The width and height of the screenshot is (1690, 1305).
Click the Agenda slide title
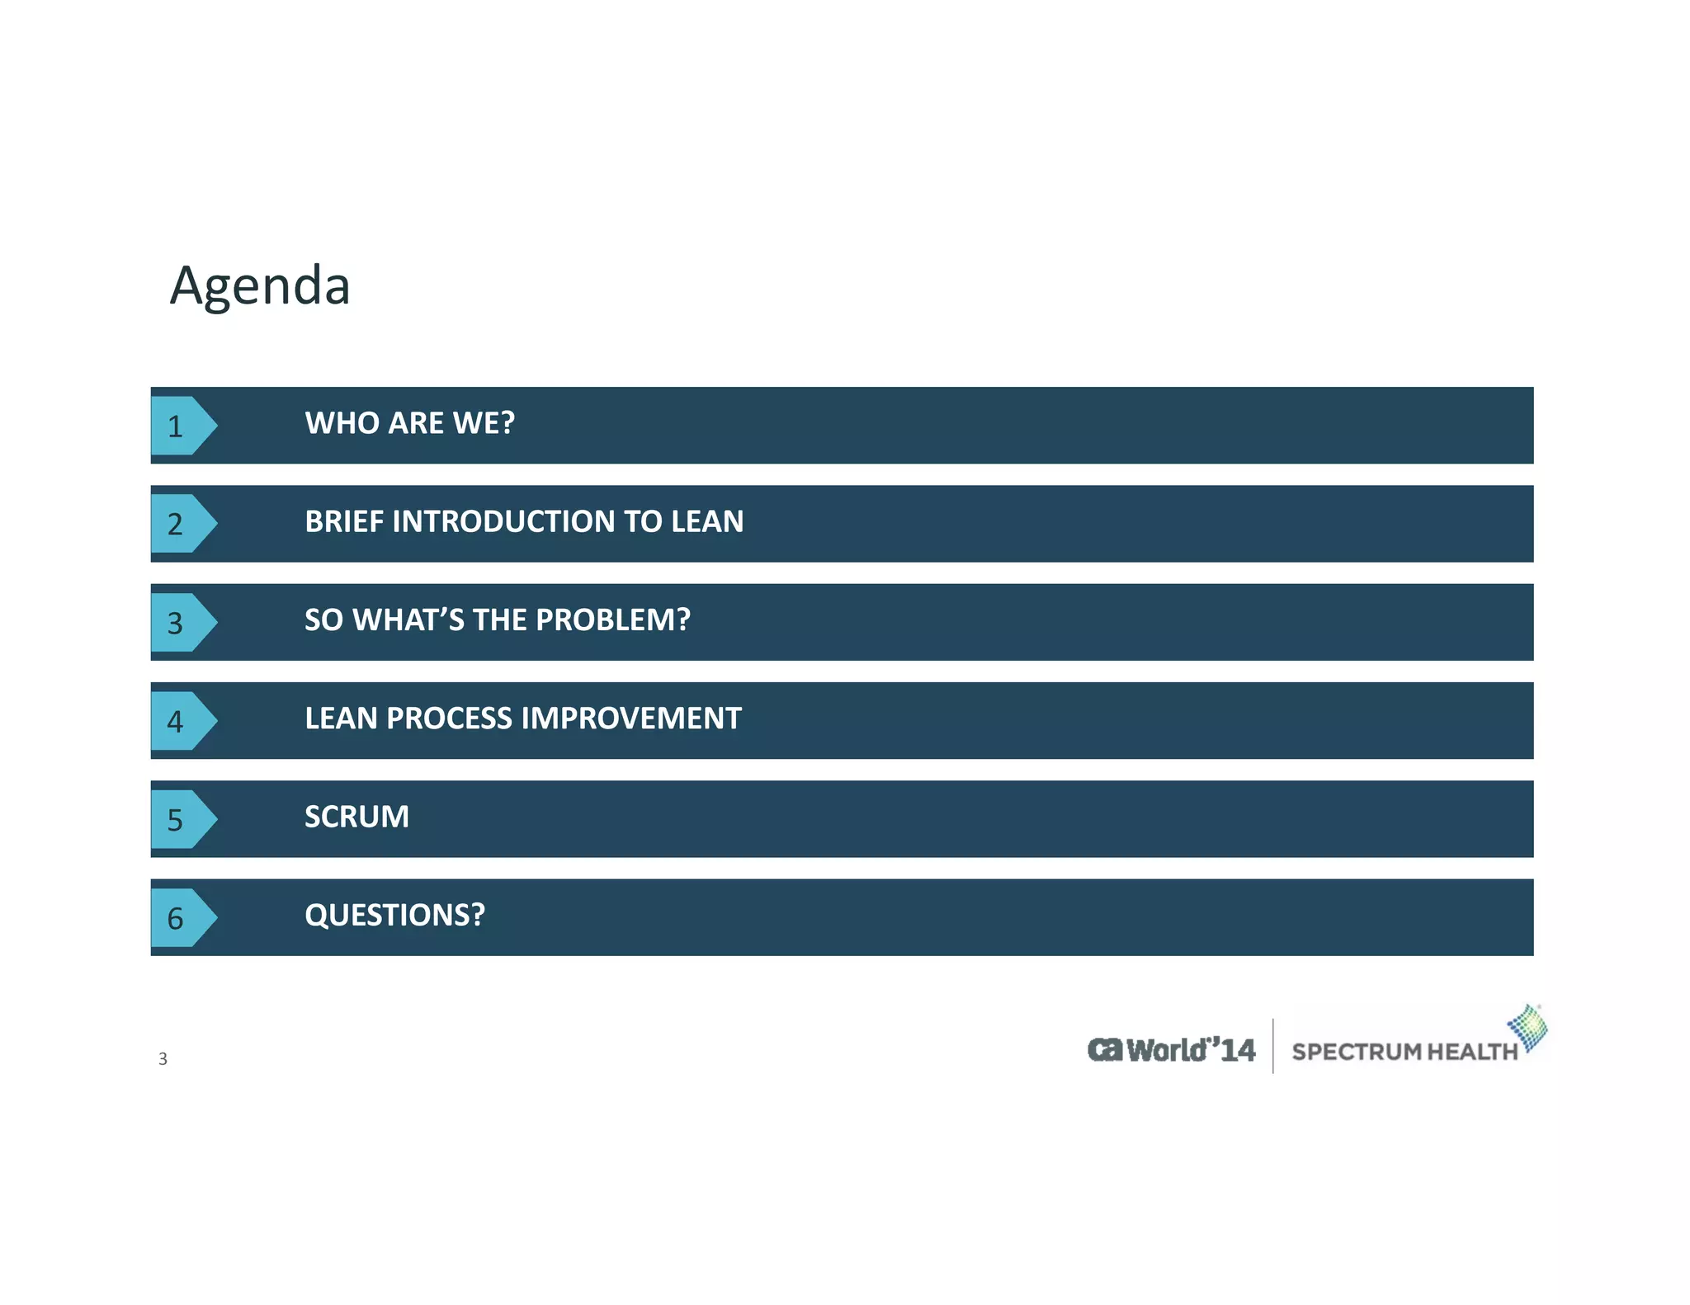point(260,285)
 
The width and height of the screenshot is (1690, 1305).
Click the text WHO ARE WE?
point(409,423)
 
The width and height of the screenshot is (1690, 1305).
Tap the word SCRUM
point(356,817)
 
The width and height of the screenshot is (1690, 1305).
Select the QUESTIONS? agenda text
point(394,915)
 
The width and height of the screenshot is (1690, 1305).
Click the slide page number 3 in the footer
point(163,1059)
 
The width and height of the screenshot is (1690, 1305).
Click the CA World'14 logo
point(1171,1050)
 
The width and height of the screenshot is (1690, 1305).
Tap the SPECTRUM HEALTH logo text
point(1404,1052)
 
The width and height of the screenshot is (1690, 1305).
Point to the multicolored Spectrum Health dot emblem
point(1529,1028)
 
